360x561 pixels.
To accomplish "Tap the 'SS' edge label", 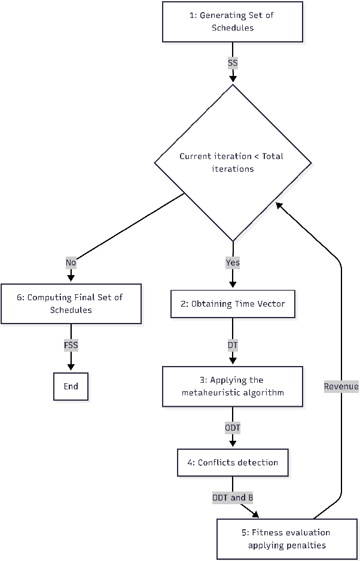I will click(233, 62).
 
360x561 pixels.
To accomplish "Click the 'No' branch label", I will click(71, 262).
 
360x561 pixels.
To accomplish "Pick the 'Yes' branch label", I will click(233, 262).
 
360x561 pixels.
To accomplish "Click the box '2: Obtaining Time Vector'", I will click(233, 304).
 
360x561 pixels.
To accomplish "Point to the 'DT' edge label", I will click(233, 345).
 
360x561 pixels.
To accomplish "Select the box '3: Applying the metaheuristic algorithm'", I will click(233, 386).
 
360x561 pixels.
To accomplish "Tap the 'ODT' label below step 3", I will click(233, 428).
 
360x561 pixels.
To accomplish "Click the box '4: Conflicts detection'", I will click(233, 462).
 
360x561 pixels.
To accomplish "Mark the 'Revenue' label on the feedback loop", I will click(341, 386).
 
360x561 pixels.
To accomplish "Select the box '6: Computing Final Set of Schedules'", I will click(71, 304).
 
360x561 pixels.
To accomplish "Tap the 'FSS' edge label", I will click(71, 345).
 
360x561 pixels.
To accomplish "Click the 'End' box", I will click(71, 386).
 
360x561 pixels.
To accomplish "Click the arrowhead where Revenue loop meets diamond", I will click(279, 205).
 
